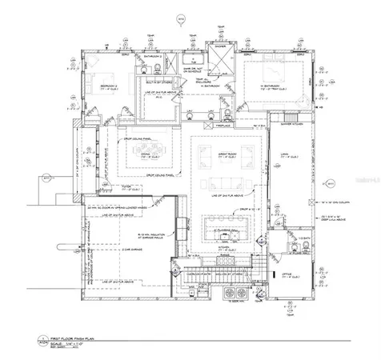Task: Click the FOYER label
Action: coord(125,190)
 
